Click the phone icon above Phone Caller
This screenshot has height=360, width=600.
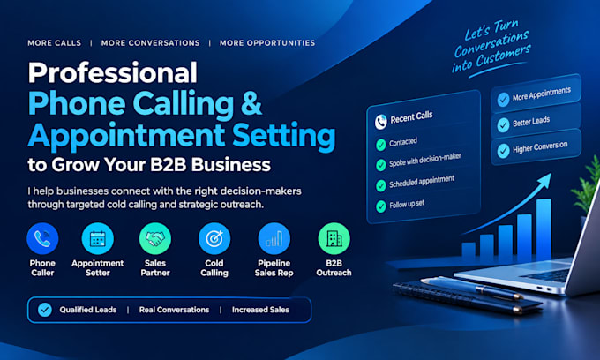pos(42,239)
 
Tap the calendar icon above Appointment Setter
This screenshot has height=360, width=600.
pos(98,239)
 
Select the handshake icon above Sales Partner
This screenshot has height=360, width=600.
pos(155,239)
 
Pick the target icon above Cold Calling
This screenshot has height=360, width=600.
pos(214,239)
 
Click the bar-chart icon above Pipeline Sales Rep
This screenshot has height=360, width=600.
pos(274,239)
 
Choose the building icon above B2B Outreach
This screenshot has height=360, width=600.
pos(334,239)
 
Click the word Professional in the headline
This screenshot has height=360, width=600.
pos(113,72)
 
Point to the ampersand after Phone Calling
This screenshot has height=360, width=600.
pos(251,103)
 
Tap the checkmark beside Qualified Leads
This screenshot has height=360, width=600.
pos(45,310)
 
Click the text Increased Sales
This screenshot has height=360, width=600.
pos(260,310)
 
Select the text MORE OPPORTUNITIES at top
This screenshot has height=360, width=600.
pos(267,43)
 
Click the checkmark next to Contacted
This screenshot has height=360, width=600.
pos(381,145)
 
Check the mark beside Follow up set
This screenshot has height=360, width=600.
pos(381,206)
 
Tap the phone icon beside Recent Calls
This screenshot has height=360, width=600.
pos(381,122)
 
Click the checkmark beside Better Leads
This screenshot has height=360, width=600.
pos(503,124)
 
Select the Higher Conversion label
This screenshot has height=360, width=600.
pos(540,146)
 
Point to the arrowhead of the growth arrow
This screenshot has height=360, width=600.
pos(544,180)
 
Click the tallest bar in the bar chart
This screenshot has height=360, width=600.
pos(544,229)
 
